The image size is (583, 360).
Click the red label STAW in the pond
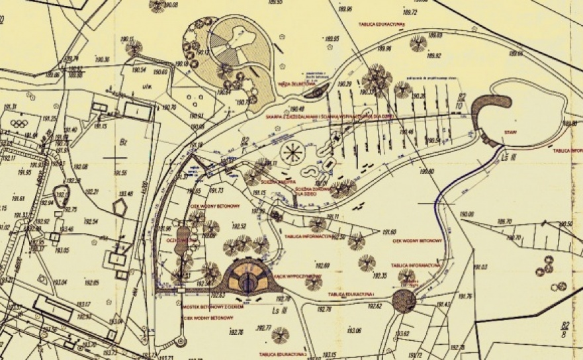pyautogui.click(x=509, y=130)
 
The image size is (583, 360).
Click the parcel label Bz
pyautogui.click(x=121, y=140)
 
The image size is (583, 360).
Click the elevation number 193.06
pyautogui.click(x=355, y=330)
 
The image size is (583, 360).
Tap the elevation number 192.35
pyautogui.click(x=381, y=276)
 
